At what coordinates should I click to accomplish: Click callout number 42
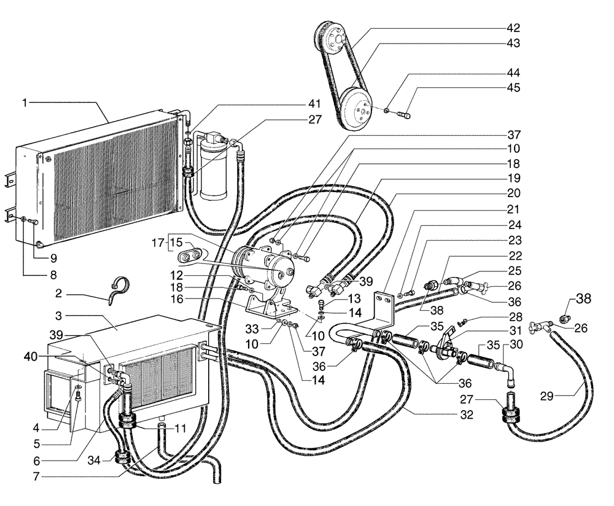(513, 28)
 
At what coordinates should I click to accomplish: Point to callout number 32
(467, 415)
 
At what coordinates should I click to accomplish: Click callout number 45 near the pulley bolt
(513, 87)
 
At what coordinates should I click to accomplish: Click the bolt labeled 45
(403, 113)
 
